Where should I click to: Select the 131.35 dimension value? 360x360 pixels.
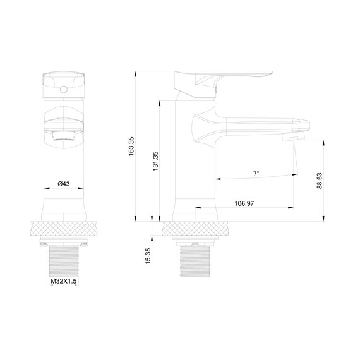pos(155,162)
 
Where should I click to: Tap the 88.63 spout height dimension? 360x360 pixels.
pos(320,180)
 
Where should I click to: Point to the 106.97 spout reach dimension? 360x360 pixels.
pos(244,203)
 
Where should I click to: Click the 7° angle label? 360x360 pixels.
pos(256,173)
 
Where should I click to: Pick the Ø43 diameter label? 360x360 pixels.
pos(63,184)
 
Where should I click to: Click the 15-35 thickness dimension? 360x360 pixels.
pos(148,256)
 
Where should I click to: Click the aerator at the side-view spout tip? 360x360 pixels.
pos(294,136)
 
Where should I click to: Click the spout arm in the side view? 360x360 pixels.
pos(253,123)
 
